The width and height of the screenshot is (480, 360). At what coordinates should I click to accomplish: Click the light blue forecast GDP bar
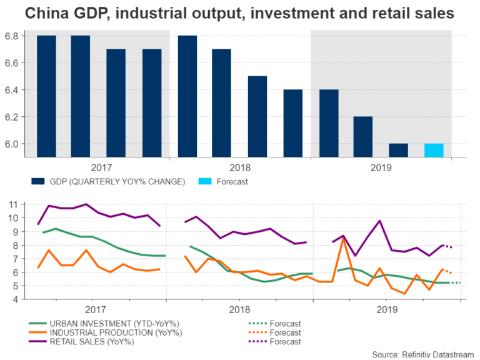tap(433, 151)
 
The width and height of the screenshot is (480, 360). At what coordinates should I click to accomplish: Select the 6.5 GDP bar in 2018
tap(257, 117)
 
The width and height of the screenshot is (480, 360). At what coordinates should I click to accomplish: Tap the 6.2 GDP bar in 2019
tap(362, 137)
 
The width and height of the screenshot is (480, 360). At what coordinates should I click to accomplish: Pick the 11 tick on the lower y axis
tap(14, 204)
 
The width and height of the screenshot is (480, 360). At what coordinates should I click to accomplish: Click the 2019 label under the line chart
tap(387, 309)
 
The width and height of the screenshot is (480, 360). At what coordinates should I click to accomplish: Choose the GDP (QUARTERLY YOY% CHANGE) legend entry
tap(106, 182)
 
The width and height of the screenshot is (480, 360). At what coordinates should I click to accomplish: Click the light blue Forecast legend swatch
tap(204, 182)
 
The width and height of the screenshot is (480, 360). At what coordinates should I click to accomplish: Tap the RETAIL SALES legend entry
tap(91, 341)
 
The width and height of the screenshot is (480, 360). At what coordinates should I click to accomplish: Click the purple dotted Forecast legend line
tap(256, 341)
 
